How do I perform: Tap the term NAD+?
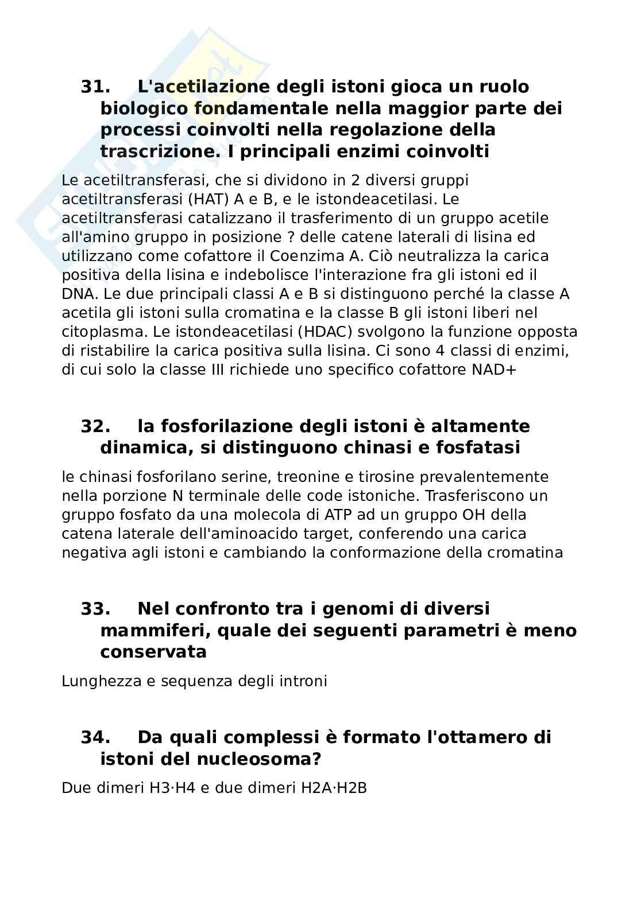coord(494,370)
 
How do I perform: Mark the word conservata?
coord(153,652)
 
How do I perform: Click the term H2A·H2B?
coord(334,788)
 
